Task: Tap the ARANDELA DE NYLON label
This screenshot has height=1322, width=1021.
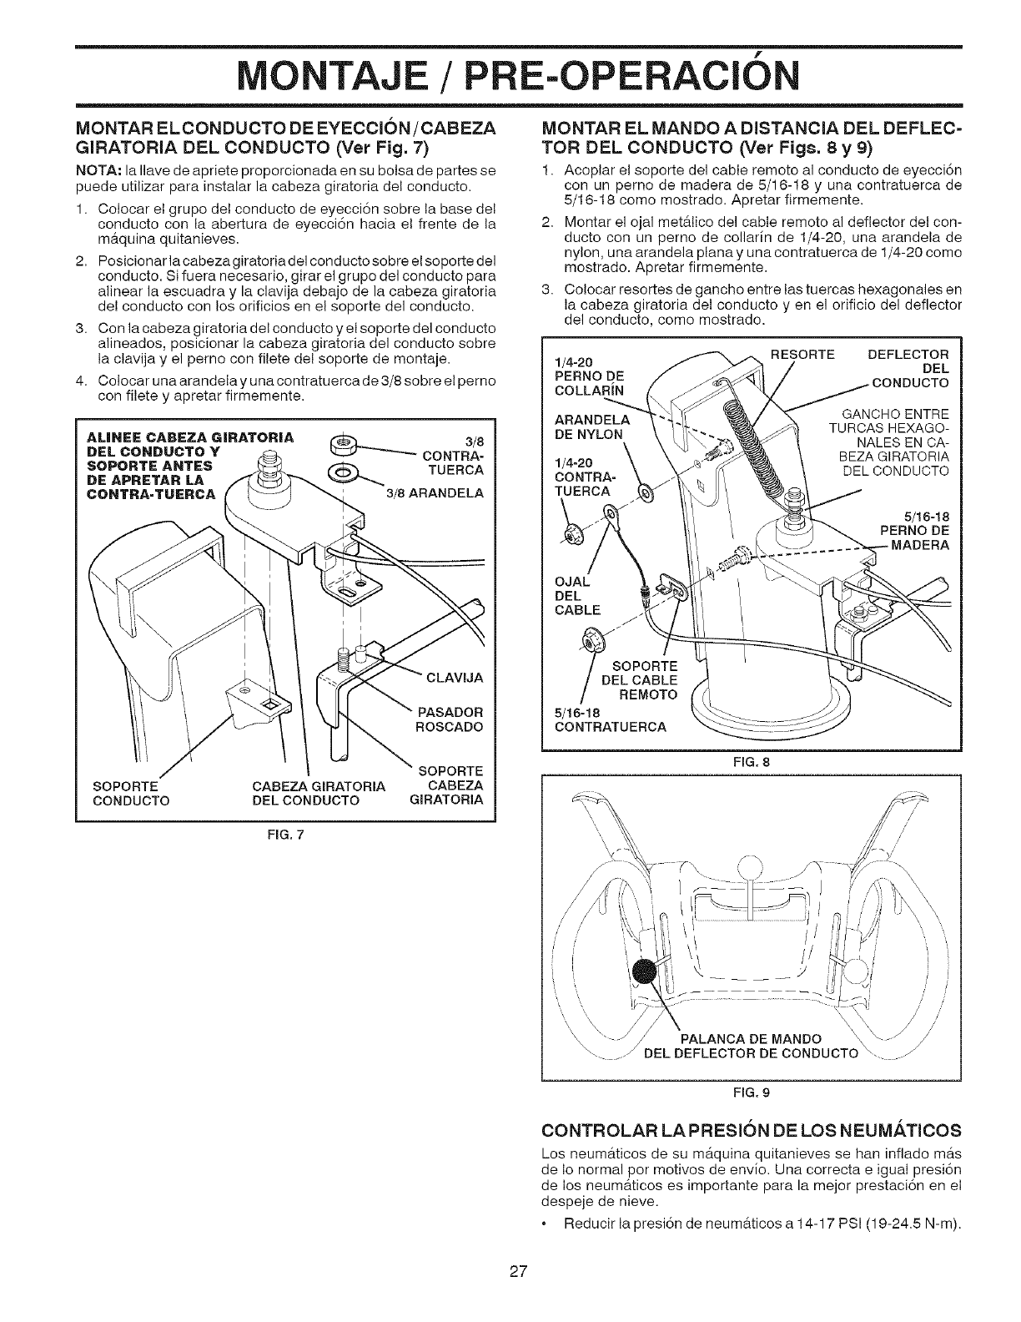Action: click(588, 426)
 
